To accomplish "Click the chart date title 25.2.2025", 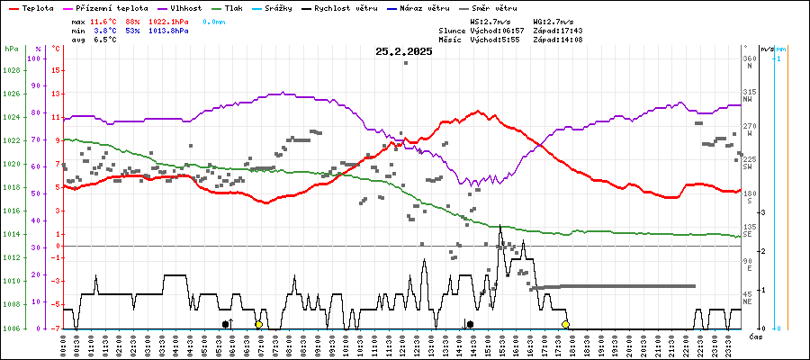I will (404, 51).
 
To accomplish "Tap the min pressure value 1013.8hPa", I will (169, 30).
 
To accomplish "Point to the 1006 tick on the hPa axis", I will (12, 328).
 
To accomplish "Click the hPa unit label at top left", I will (11, 49).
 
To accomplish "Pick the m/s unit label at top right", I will (766, 49).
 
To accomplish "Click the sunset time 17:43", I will (570, 30).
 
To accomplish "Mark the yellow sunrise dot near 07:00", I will (258, 324).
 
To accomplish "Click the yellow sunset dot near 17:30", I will (565, 324).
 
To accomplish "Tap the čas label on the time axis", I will (757, 337).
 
